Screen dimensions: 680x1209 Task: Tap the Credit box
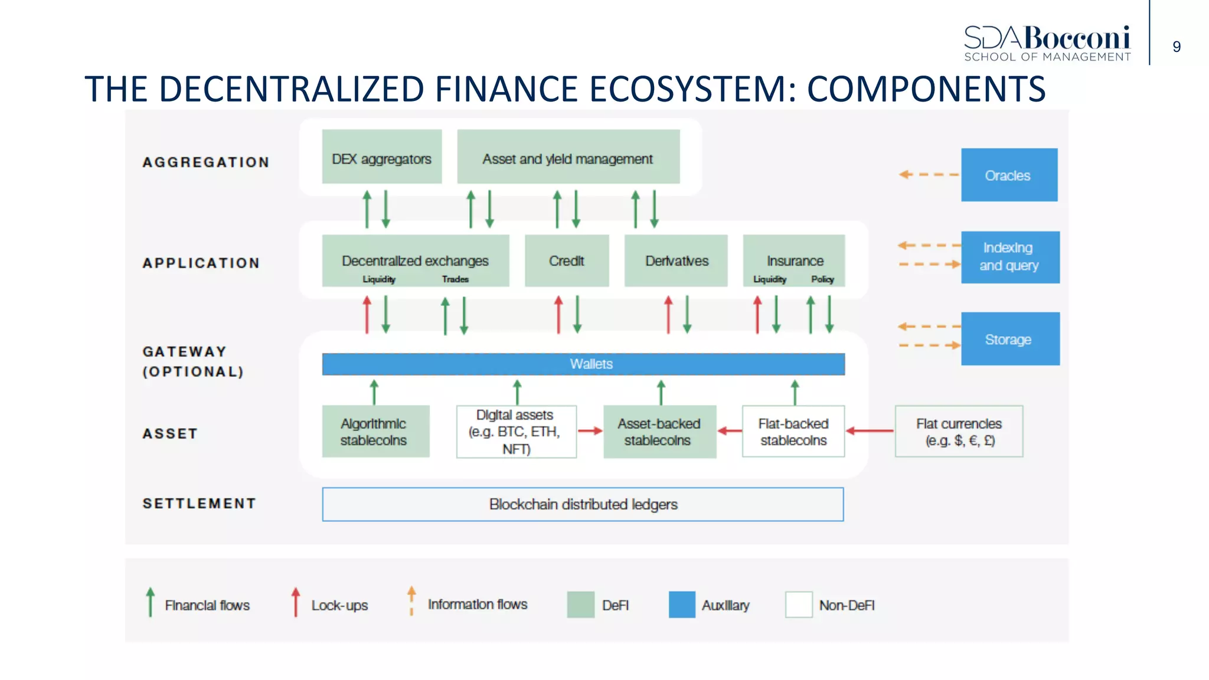coord(566,261)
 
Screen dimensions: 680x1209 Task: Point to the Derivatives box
coord(676,261)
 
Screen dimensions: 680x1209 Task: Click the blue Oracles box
coord(1008,175)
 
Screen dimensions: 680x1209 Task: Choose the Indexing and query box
coord(1009,257)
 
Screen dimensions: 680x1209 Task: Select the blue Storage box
coord(1009,339)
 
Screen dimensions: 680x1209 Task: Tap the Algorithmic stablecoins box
coord(375,431)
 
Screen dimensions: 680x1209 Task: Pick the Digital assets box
coord(516,431)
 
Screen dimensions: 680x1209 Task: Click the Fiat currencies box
coord(959,431)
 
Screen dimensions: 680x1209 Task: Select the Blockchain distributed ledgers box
coord(583,504)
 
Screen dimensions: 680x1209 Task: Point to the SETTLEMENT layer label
coord(199,504)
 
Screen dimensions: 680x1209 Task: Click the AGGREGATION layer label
coord(205,162)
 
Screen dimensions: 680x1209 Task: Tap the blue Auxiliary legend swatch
coord(682,604)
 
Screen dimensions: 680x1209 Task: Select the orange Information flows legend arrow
coord(411,600)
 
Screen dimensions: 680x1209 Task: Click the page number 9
coord(1177,47)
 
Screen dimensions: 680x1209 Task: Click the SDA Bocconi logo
coord(1047,43)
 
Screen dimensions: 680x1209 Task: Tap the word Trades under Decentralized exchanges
coord(455,279)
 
